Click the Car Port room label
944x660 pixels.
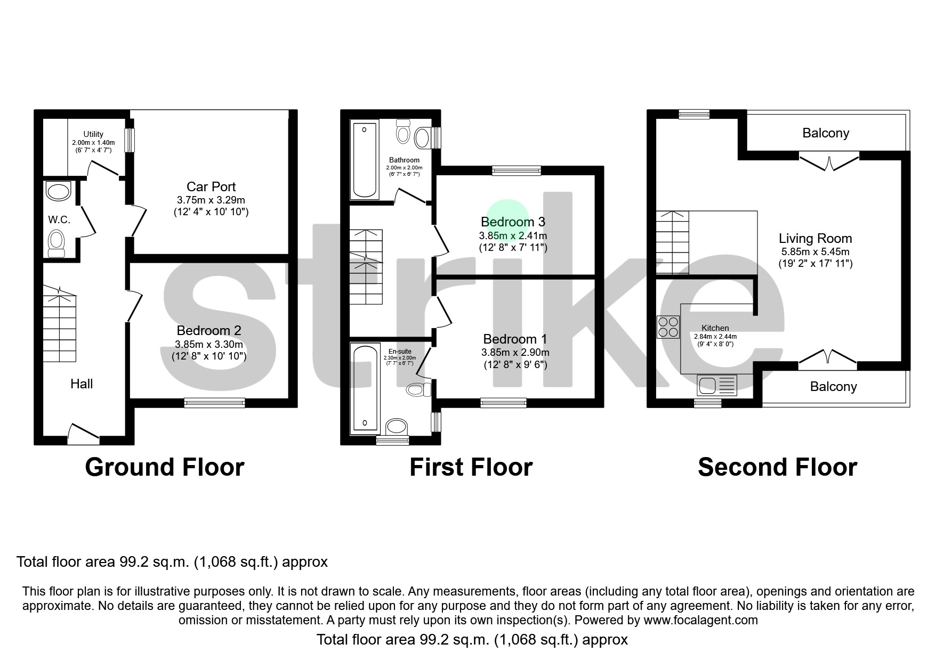211,187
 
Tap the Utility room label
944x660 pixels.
93,134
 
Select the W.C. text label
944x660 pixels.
59,219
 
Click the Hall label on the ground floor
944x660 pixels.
82,384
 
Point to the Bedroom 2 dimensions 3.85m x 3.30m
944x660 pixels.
208,344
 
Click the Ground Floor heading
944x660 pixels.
164,467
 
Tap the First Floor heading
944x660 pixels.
471,467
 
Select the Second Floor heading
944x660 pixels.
777,467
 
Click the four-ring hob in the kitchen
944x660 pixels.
668,327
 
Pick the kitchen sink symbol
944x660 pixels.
716,385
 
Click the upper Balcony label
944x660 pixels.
826,133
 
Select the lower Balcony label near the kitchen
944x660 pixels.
833,387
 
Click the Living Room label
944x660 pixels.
815,239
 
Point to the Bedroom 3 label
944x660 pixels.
513,222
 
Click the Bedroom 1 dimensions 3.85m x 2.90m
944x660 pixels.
515,353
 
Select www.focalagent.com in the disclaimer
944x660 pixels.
700,620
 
